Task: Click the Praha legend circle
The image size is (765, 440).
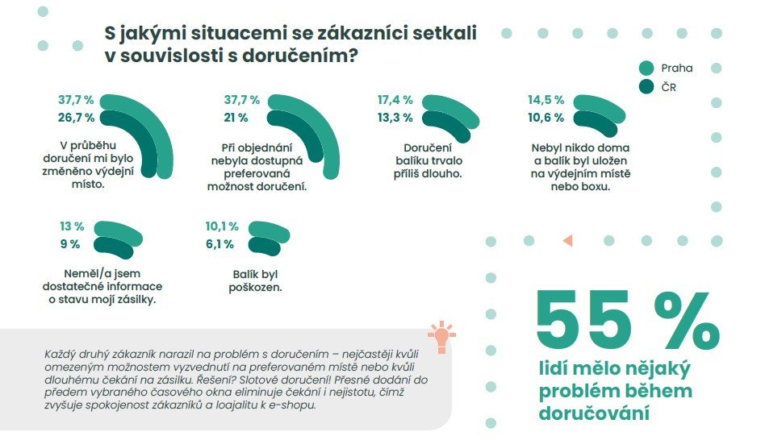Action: (646, 68)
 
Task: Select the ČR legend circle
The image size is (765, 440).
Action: (646, 87)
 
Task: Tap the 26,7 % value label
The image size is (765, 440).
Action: (76, 118)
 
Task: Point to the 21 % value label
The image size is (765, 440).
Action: (235, 118)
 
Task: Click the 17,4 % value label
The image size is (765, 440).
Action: (395, 101)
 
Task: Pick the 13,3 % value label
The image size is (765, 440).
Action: (395, 118)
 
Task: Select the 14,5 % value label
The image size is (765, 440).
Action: (546, 101)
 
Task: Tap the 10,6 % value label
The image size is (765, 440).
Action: (546, 118)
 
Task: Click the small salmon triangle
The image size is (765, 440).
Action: (566, 240)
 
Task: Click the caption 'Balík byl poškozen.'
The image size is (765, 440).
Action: (256, 280)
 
